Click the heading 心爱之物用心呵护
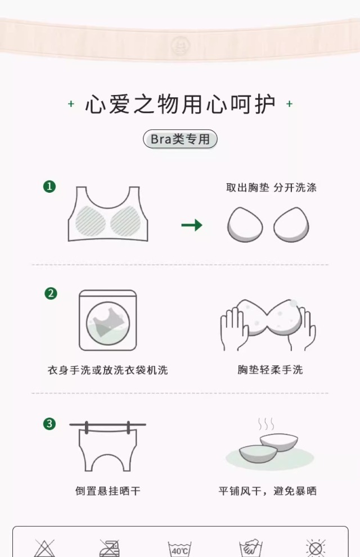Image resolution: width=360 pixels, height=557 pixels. [180, 105]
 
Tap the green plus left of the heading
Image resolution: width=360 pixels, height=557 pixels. [71, 104]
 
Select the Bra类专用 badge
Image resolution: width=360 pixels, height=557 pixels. [180, 139]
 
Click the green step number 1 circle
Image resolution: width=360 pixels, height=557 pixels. [50, 187]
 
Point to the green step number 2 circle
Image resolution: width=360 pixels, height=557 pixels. [51, 293]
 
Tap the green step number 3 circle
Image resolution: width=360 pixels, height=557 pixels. [50, 424]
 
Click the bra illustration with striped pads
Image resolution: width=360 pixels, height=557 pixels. [107, 216]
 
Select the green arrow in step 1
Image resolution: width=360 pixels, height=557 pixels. [192, 225]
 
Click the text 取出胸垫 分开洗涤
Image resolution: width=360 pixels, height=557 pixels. [271, 188]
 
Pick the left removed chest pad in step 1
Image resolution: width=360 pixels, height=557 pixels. [245, 225]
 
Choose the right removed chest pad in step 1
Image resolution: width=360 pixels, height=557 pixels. [291, 225]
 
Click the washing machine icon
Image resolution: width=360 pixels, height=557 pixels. [107, 320]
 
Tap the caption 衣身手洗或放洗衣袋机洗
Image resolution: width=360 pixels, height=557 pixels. [107, 370]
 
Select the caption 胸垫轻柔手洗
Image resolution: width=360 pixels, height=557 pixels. [270, 370]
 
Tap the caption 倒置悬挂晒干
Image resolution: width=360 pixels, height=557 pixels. [107, 491]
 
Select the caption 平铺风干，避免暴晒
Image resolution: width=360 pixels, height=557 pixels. [268, 491]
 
